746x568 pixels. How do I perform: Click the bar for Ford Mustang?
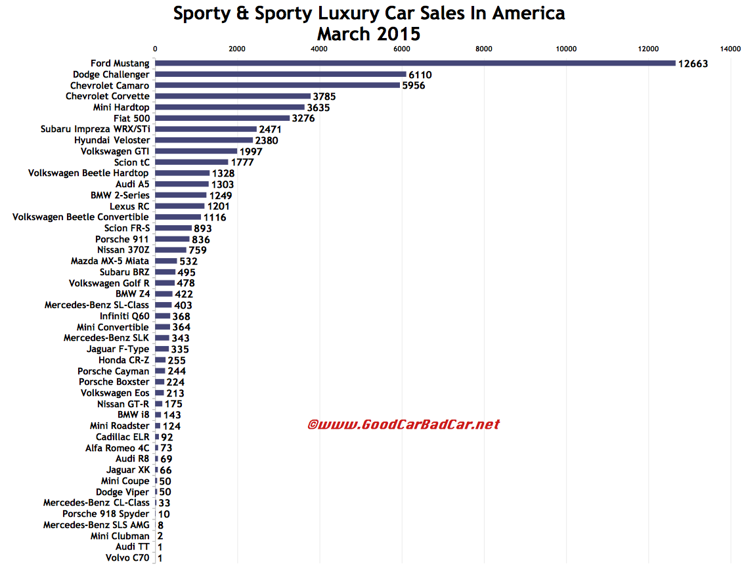click(415, 63)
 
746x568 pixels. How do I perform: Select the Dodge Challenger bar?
click(280, 74)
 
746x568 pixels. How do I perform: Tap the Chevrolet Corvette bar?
click(232, 97)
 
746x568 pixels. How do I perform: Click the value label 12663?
click(693, 64)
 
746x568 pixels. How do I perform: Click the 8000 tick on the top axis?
click(484, 49)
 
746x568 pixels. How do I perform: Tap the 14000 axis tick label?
click(730, 49)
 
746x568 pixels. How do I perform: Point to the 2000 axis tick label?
click(237, 49)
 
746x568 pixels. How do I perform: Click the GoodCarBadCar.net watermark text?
click(404, 425)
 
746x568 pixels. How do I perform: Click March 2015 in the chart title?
click(368, 33)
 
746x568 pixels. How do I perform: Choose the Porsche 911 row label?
click(122, 239)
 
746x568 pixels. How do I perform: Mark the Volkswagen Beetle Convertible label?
click(81, 217)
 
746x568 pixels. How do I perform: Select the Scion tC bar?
click(191, 162)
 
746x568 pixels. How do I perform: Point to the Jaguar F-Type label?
click(118, 349)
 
